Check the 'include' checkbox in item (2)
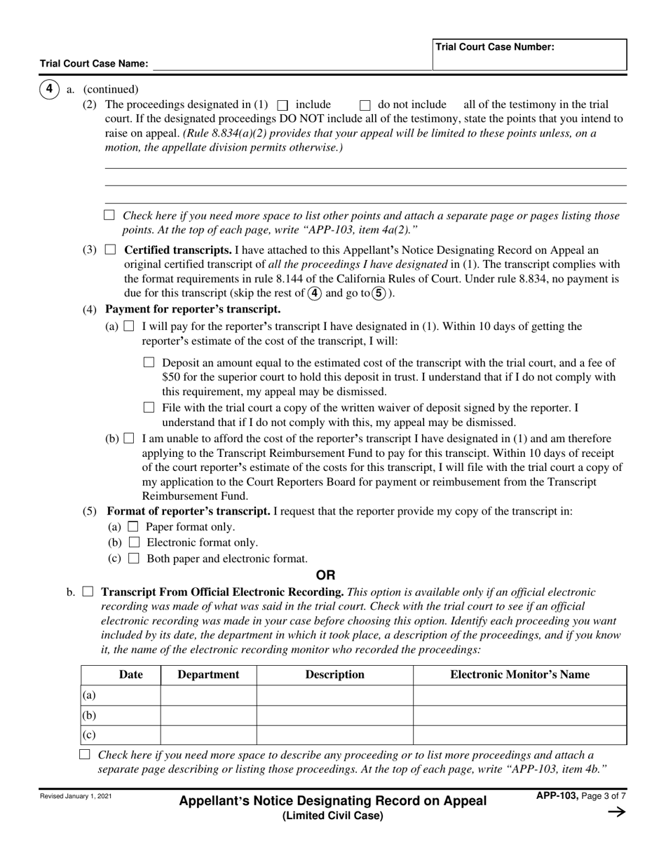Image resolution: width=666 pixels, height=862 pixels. [283, 105]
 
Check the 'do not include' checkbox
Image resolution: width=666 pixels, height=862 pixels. [365, 105]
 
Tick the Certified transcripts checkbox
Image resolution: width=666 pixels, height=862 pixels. [110, 249]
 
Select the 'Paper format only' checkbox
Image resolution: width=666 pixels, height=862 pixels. [134, 527]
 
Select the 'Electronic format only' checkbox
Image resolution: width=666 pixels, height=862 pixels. [134, 542]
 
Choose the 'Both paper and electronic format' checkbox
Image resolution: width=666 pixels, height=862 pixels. [134, 559]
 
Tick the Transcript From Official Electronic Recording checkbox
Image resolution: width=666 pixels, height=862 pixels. [88, 592]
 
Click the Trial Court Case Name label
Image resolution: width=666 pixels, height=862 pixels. [94, 64]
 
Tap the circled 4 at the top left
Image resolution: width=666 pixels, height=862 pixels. [49, 89]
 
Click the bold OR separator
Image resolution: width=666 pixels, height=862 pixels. [326, 575]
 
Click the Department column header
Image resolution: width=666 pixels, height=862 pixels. [208, 675]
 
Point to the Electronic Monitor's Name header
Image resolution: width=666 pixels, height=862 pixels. [519, 675]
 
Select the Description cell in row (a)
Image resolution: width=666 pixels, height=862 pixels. [334, 695]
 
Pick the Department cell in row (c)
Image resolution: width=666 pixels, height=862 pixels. [208, 734]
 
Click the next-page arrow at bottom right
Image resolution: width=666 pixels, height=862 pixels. [616, 812]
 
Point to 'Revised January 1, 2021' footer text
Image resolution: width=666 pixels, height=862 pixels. [75, 797]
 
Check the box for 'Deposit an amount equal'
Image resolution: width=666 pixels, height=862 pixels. [148, 363]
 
